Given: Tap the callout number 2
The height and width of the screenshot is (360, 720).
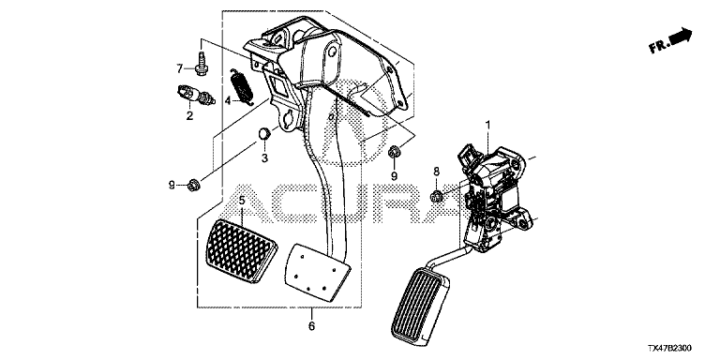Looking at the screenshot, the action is coord(189,115).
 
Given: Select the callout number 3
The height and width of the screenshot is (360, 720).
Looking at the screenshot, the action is coord(264,157).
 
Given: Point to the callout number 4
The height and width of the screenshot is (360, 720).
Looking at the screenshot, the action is coord(228,99).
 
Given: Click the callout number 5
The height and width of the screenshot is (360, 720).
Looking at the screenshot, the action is coord(242,201).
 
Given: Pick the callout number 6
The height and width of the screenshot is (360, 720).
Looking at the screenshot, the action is coord(311,326).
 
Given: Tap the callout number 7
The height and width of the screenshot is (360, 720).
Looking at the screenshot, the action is coord(180,68).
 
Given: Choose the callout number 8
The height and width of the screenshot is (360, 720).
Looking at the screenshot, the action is coord(436,171).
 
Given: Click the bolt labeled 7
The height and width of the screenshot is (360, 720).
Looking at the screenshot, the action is coord(201,64).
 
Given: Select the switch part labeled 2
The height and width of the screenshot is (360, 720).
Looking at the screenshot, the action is coord(196,94).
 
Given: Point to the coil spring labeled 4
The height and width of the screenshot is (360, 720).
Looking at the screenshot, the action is coord(242,86).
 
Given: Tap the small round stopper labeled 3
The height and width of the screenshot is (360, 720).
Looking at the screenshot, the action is coord(264,134).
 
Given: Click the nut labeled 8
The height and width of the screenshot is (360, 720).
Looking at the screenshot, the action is coord(436,197).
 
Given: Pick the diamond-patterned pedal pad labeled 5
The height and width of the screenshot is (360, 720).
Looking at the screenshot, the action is coord(241,250).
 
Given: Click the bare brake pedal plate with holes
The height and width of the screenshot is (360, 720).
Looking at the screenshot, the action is coord(318,272).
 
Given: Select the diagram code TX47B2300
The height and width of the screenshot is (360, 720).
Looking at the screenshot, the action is coord(669,349).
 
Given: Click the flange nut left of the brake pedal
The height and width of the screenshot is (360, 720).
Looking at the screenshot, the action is coord(193,186).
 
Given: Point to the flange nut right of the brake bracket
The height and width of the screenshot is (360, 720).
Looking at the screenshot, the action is coord(394,152).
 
